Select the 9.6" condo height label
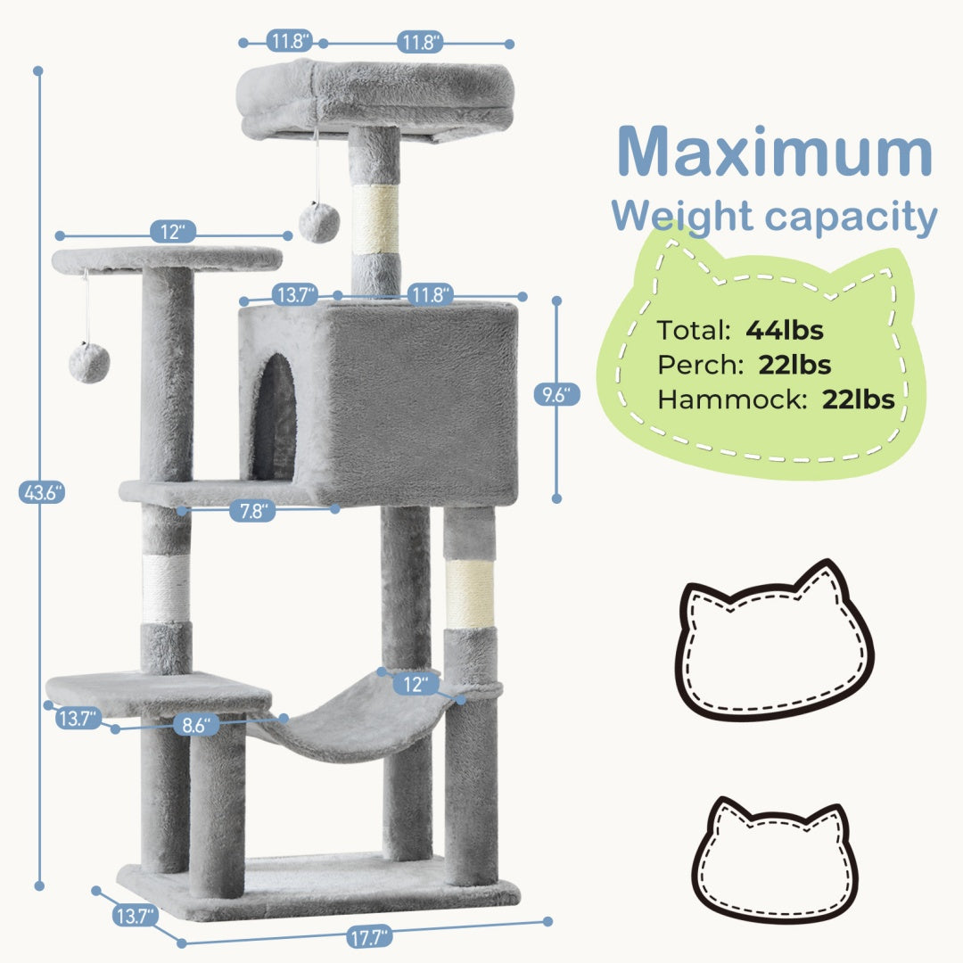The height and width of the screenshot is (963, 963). tap(557, 395)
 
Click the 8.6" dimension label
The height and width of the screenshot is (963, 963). tap(195, 726)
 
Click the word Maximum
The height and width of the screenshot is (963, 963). tap(773, 152)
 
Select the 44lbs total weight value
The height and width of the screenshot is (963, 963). tap(785, 330)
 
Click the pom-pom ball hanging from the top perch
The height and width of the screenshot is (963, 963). tap(318, 221)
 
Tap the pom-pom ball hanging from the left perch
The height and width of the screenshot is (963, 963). tap(89, 362)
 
